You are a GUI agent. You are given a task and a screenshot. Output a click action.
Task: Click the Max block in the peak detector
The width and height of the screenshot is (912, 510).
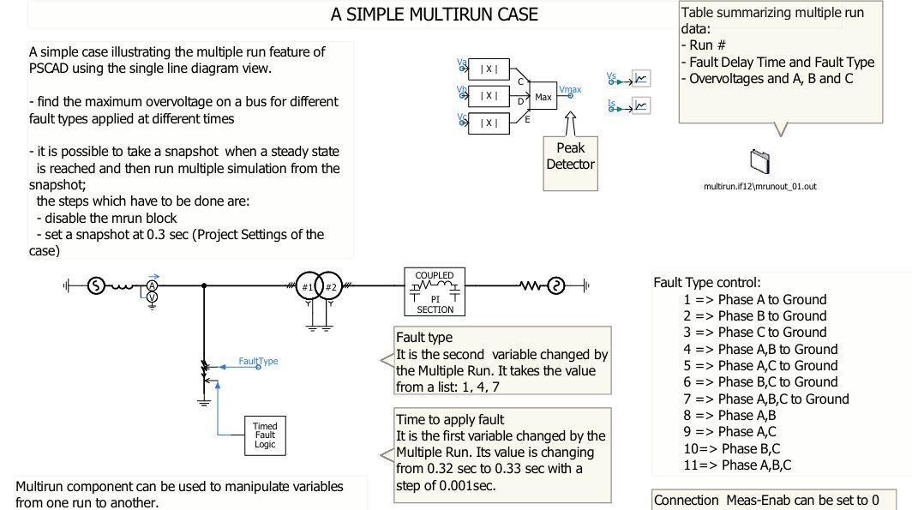pyautogui.click(x=543, y=97)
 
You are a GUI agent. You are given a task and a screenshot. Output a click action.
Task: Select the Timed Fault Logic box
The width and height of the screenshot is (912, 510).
pyautogui.click(x=265, y=435)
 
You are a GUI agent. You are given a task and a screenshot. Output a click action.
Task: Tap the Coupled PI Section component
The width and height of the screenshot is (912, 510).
pyautogui.click(x=435, y=291)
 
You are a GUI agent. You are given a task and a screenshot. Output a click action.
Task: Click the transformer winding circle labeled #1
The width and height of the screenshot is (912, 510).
pyautogui.click(x=307, y=286)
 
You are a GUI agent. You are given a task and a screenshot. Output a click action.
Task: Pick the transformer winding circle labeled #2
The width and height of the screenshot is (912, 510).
pyautogui.click(x=331, y=286)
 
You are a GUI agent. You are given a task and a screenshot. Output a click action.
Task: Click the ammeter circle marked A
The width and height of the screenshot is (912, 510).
pyautogui.click(x=153, y=285)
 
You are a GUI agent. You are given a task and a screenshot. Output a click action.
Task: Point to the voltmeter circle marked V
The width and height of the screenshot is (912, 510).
pyautogui.click(x=153, y=297)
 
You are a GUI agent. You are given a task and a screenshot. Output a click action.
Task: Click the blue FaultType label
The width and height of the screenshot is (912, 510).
pyautogui.click(x=258, y=361)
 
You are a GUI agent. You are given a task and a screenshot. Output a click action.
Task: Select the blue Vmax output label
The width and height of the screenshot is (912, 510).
pyautogui.click(x=569, y=89)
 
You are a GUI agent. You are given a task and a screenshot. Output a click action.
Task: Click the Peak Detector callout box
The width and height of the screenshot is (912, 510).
pyautogui.click(x=570, y=156)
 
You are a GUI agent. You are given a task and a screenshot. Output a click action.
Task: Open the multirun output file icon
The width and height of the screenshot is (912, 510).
pyautogui.click(x=760, y=161)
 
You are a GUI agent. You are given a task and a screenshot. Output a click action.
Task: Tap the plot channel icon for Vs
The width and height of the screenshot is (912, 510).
pyautogui.click(x=640, y=79)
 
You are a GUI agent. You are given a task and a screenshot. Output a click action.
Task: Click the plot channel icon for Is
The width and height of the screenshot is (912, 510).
pyautogui.click(x=640, y=105)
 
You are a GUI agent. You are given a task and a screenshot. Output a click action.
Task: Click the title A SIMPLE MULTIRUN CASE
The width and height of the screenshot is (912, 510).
pyautogui.click(x=435, y=15)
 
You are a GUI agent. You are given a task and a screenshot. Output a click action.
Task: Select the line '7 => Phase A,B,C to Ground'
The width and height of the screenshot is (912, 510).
pyautogui.click(x=766, y=399)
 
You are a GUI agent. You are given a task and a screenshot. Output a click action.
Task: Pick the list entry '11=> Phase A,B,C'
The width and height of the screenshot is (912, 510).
pyautogui.click(x=737, y=465)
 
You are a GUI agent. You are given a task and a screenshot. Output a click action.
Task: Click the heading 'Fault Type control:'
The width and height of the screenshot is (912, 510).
pyautogui.click(x=707, y=282)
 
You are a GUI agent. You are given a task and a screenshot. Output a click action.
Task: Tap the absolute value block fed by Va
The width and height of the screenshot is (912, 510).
pyautogui.click(x=489, y=69)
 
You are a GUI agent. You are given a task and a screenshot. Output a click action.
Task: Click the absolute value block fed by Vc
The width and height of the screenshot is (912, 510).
pyautogui.click(x=489, y=123)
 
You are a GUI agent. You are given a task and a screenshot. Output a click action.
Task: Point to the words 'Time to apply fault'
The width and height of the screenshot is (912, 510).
pyautogui.click(x=450, y=419)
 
